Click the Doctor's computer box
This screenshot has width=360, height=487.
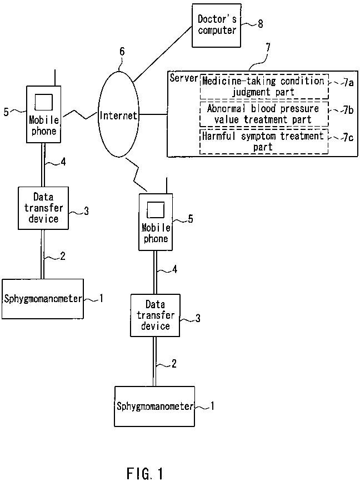(x=216, y=26)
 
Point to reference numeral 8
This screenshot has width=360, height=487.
(x=261, y=24)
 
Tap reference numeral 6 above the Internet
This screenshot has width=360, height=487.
(x=122, y=51)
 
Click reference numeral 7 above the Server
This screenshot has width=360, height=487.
(x=268, y=48)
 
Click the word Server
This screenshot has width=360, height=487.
(x=183, y=78)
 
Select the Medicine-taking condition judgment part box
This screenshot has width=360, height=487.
(x=264, y=86)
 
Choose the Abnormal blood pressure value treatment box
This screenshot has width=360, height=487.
(x=264, y=114)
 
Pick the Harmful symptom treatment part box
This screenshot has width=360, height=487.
(x=264, y=142)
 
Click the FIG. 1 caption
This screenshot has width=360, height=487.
(x=144, y=474)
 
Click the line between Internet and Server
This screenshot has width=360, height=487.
(x=153, y=114)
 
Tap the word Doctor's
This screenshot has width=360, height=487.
(x=217, y=19)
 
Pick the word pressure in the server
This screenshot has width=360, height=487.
(x=299, y=109)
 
